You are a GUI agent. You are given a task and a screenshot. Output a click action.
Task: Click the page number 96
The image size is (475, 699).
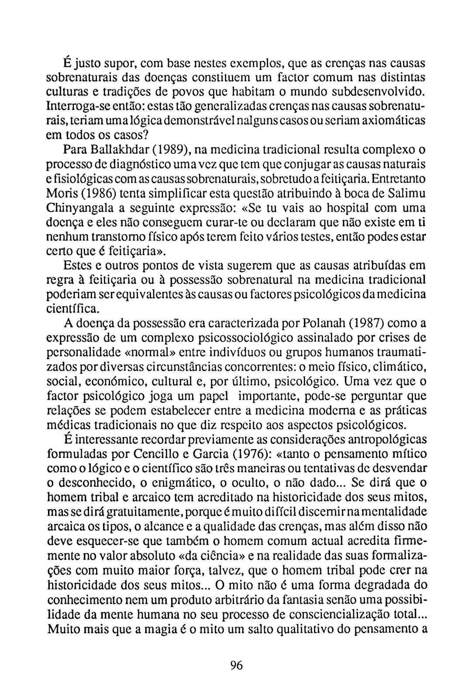(x=236, y=665)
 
